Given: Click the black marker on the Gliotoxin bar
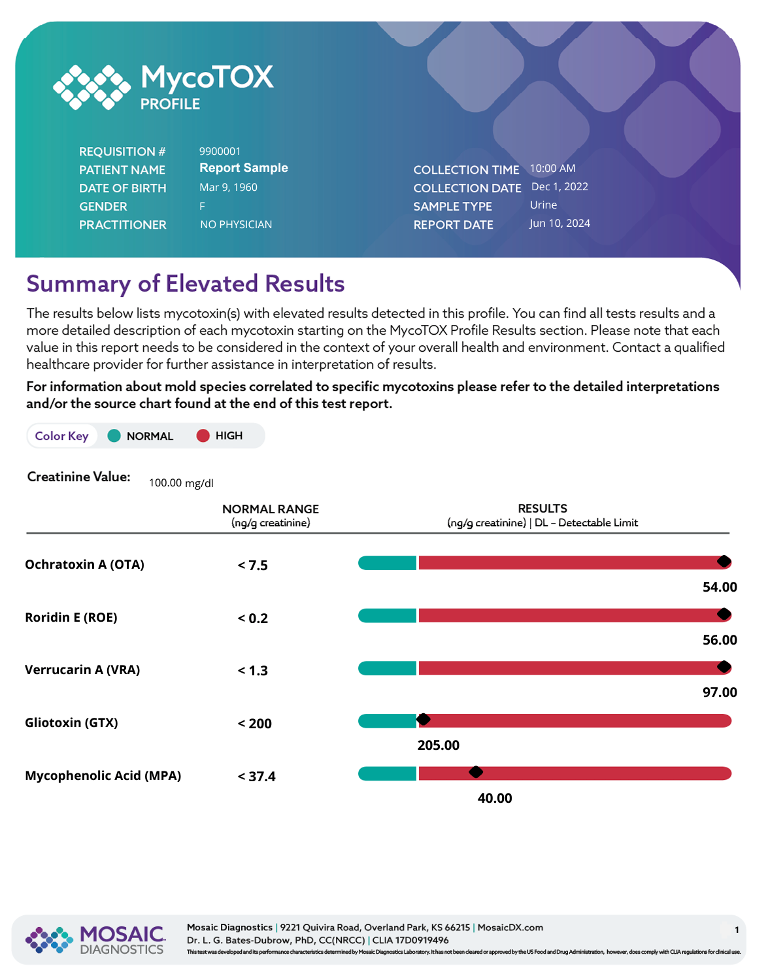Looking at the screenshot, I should click(424, 720).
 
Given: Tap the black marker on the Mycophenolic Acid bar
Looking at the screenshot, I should click(476, 772).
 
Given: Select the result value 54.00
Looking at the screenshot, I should click(720, 587).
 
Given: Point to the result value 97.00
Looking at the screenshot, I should click(720, 692).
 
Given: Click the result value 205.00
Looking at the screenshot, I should click(439, 745).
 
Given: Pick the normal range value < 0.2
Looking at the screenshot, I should click(253, 618).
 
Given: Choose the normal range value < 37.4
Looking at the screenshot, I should click(257, 777).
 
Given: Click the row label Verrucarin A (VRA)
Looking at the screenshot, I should click(82, 670).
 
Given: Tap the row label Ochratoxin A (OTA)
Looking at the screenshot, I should click(84, 565).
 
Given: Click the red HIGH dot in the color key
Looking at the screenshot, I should click(203, 436).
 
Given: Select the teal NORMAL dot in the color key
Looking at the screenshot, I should click(114, 436).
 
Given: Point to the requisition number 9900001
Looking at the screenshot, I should click(220, 152).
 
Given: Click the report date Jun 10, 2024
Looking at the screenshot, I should click(559, 224).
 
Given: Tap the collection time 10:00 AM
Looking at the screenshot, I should click(552, 169).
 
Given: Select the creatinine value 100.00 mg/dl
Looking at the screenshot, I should click(181, 483).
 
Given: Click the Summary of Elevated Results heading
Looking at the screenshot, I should click(186, 284).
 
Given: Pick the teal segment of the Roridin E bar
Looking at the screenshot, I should click(387, 615).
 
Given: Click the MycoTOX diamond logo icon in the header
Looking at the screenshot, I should click(92, 87).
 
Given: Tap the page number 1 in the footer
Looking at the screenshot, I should click(737, 930).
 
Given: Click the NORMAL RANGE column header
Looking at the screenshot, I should click(271, 509).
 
